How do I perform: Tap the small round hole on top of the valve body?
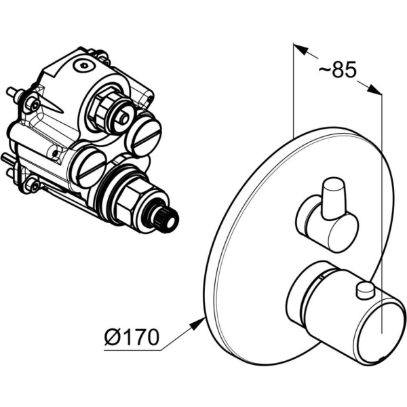(83, 66)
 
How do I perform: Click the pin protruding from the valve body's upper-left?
(13, 92)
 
